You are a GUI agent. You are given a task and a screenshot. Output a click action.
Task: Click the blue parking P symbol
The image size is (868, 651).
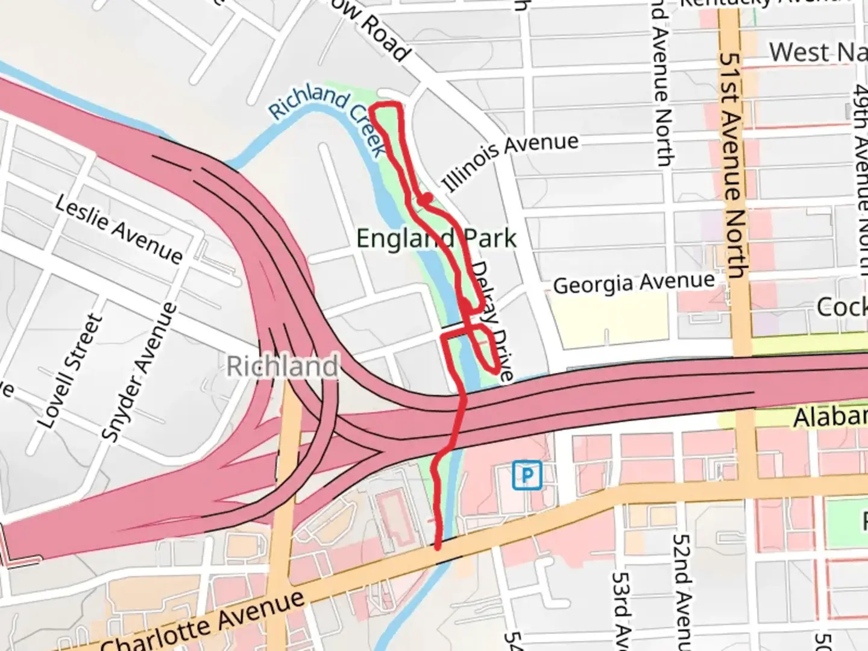tap(527, 476)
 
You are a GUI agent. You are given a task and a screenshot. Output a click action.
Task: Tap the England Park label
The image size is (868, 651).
tap(436, 238)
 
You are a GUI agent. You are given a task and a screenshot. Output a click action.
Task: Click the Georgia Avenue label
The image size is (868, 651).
tap(634, 283)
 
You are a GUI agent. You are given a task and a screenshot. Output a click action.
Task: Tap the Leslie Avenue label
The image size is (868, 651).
tap(119, 230)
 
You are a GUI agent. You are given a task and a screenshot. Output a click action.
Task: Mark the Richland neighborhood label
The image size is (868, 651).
tap(282, 366)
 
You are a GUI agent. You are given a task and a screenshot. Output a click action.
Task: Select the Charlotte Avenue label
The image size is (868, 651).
tap(205, 624)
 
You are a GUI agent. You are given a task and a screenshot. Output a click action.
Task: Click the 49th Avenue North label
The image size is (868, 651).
tap(861, 175)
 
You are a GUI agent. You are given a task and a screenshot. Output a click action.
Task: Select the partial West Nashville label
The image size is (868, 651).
tap(817, 52)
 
